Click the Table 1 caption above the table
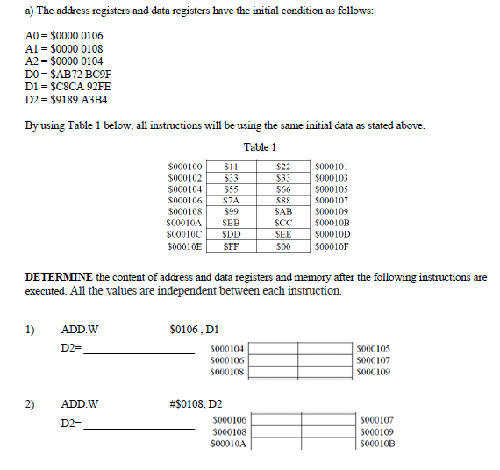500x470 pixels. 259,146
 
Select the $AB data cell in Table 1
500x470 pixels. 283,212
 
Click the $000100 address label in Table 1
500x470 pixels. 184,166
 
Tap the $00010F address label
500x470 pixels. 332,247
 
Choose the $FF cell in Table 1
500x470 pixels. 232,247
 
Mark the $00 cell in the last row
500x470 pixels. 283,247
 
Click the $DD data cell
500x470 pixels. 232,236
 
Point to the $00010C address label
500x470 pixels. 184,236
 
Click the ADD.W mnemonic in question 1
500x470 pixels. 80,330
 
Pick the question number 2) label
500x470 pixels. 31,404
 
